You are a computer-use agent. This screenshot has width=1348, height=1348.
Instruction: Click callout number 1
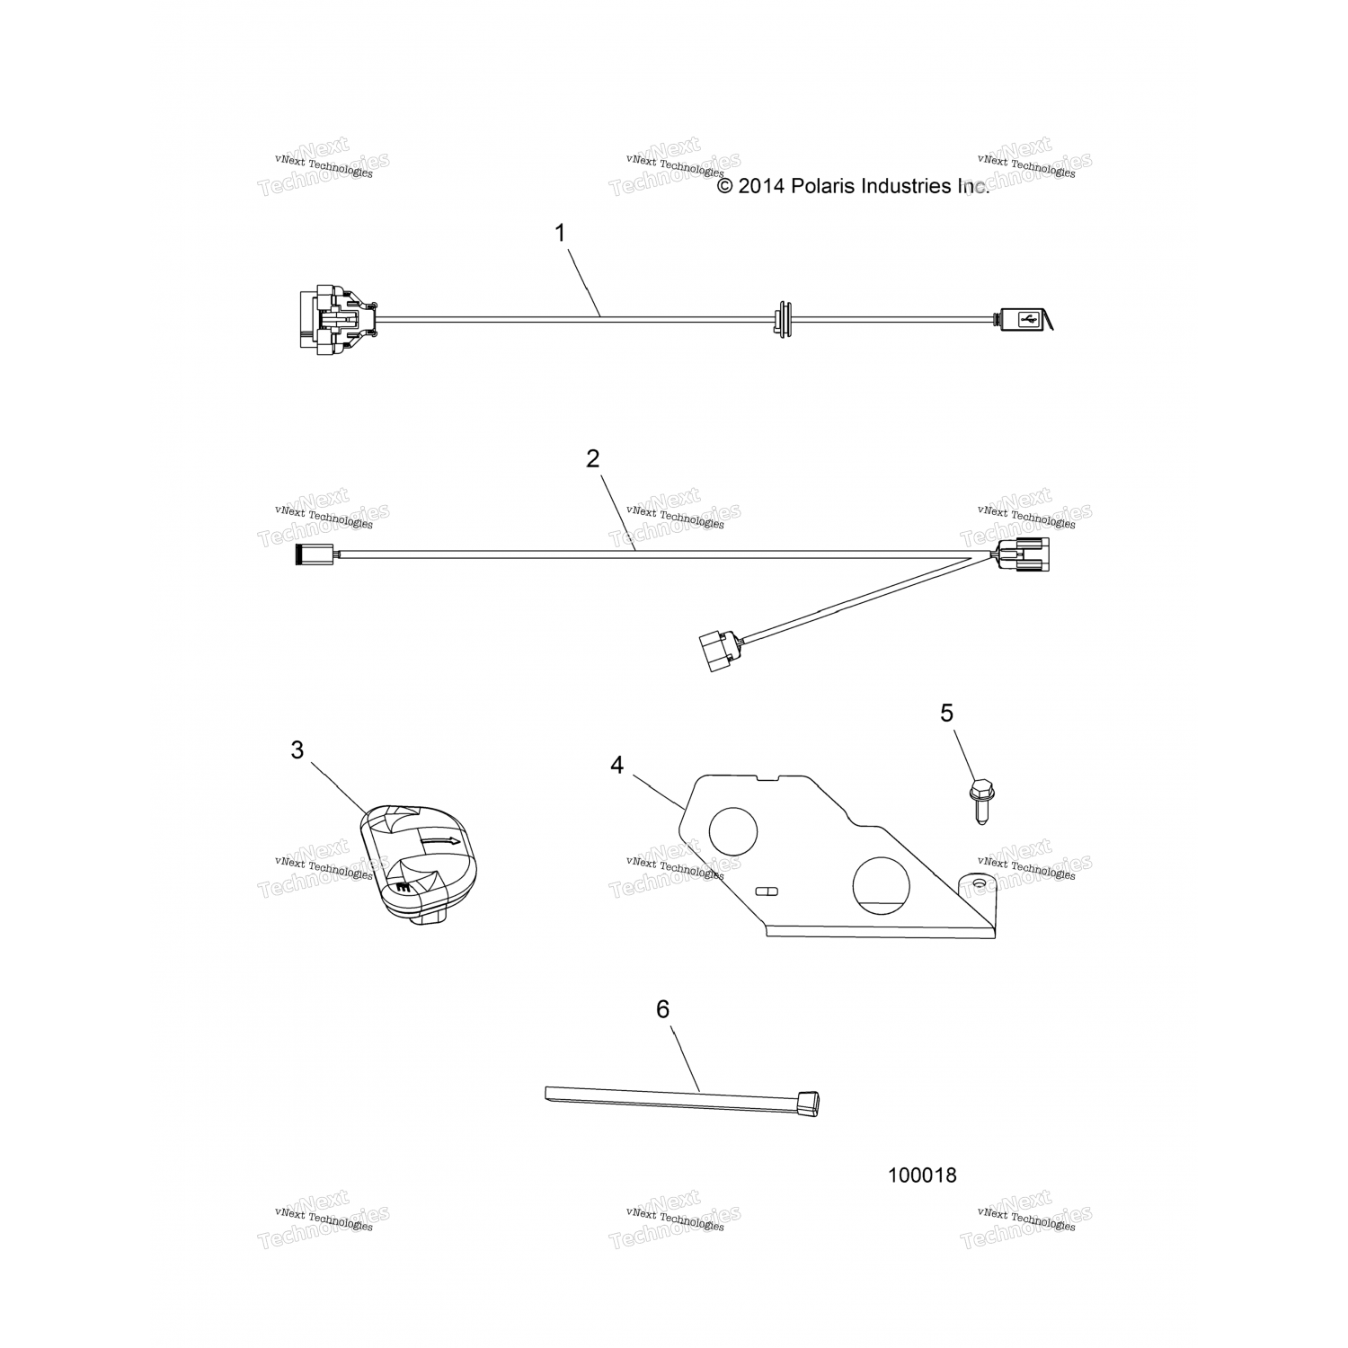560,234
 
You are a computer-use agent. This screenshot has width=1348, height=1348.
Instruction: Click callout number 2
592,459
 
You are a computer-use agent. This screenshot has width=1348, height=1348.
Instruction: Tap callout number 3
297,750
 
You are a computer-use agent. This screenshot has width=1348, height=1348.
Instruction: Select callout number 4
616,765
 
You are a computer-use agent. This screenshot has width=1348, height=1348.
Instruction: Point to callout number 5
946,713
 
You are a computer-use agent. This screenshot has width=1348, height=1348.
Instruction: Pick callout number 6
662,1009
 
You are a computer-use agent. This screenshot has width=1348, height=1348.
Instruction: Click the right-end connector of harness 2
1024,556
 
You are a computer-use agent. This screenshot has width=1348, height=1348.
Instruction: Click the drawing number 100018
922,1175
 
